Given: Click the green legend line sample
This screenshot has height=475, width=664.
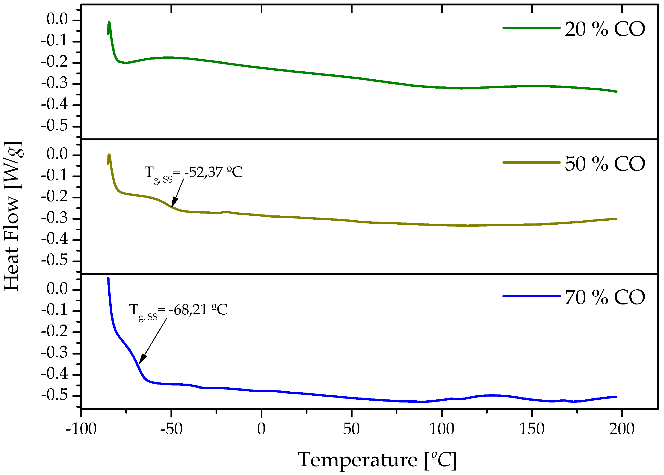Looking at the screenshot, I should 531,27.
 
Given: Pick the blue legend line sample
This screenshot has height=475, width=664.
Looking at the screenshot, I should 531,296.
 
